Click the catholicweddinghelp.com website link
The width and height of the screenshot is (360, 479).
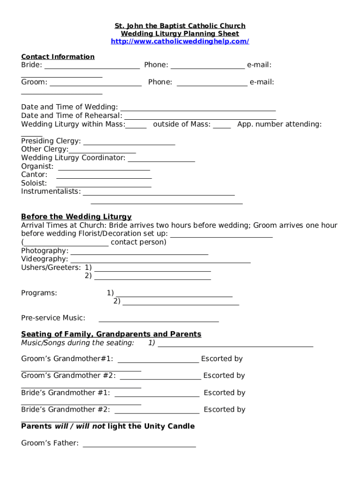(x=180, y=42)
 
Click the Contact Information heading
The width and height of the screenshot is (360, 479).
(x=58, y=57)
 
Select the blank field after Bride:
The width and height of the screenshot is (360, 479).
(x=92, y=66)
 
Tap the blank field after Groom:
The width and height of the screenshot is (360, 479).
(x=95, y=83)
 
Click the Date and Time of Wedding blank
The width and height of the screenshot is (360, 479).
(x=197, y=108)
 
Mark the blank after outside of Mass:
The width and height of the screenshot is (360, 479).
(x=222, y=125)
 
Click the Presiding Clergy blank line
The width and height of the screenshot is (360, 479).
(x=129, y=142)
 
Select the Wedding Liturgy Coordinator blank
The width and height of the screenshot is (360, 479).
(x=161, y=159)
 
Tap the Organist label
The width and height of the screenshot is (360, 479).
(x=37, y=167)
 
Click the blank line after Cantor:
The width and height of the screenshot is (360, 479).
(x=104, y=176)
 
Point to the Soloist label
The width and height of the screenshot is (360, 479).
(x=34, y=183)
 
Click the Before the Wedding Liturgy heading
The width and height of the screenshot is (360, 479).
(x=76, y=217)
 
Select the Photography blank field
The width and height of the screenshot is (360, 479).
(x=139, y=252)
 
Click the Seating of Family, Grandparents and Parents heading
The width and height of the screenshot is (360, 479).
(x=111, y=334)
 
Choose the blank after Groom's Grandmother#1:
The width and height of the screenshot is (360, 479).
(x=158, y=360)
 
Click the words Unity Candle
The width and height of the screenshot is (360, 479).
(x=169, y=426)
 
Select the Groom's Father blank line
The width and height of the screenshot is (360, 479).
(x=139, y=444)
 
